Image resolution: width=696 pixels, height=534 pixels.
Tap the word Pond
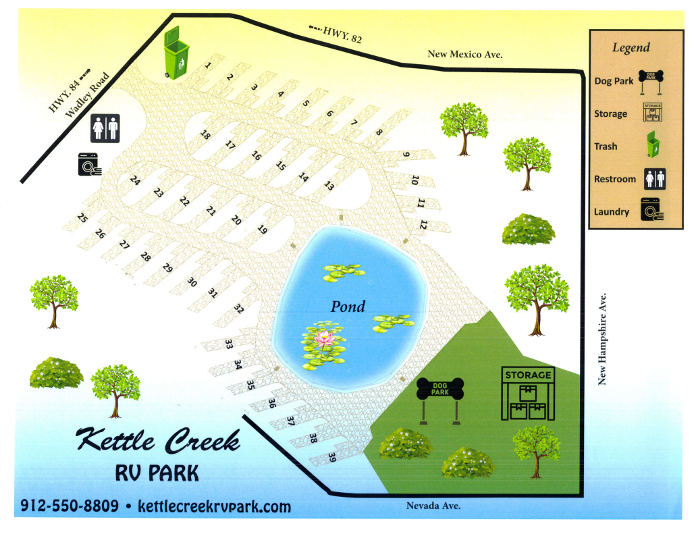[348, 306]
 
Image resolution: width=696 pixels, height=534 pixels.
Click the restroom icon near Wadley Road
[105, 128]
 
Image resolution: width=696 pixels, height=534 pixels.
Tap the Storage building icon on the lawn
[527, 394]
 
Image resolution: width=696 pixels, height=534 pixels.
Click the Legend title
[631, 47]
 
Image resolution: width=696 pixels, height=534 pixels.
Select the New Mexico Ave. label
[465, 54]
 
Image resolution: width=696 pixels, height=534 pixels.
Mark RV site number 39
[332, 457]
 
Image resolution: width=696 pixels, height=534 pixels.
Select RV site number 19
[263, 230]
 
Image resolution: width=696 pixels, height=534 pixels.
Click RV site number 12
[424, 224]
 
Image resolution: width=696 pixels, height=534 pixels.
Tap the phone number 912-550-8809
[70, 505]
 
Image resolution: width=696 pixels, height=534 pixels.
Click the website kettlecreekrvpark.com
[214, 506]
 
